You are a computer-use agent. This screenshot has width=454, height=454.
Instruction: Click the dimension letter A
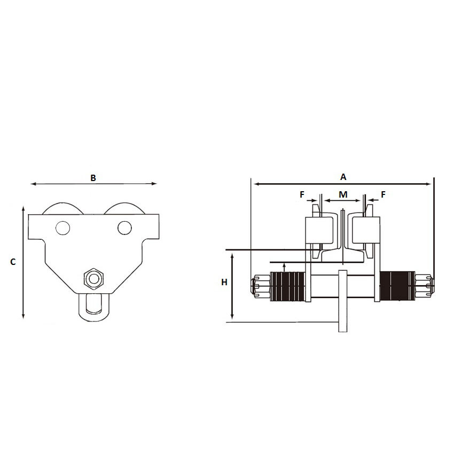pos(343,176)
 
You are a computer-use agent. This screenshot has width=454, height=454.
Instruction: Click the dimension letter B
pos(93,178)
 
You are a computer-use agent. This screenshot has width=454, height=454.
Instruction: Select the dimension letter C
pos(14,262)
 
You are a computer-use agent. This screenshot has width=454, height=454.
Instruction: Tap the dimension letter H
pos(224,282)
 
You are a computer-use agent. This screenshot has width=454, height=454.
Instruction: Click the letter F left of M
pos(302,194)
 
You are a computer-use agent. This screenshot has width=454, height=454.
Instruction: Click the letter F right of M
pos(383,194)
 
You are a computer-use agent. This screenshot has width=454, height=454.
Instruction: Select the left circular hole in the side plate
pos(62,228)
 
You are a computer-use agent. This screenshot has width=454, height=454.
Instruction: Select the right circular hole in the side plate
pos(124,228)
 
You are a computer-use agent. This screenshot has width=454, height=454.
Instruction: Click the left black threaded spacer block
pos(288,286)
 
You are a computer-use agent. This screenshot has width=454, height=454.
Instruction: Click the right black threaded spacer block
pos(397,286)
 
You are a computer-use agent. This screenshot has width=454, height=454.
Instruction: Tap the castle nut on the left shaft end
pos(260,286)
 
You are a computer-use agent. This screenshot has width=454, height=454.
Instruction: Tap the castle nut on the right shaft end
pos(425,286)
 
